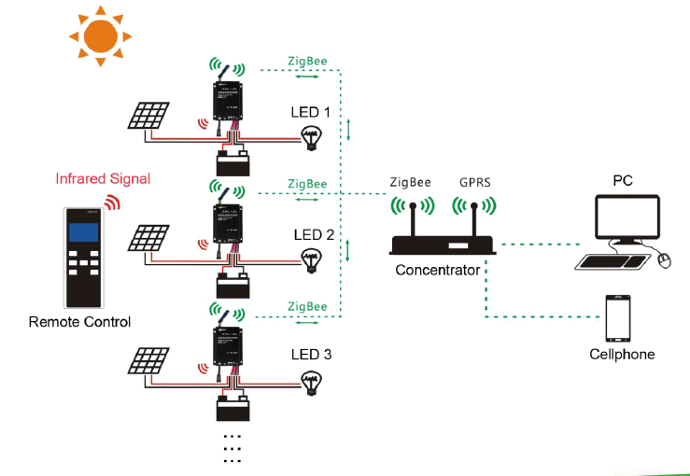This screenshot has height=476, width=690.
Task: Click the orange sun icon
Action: pyautogui.click(x=100, y=35)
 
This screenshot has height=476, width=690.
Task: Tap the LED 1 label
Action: pyautogui.click(x=312, y=113)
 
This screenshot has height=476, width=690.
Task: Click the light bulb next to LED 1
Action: pyautogui.click(x=310, y=140)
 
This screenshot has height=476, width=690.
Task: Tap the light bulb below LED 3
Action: pyautogui.click(x=310, y=381)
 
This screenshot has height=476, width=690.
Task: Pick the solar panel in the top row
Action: pyautogui.click(x=149, y=116)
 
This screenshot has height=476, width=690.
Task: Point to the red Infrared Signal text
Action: pyautogui.click(x=103, y=178)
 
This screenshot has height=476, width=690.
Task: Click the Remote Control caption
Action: pyautogui.click(x=79, y=322)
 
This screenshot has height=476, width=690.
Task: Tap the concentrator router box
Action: pyautogui.click(x=443, y=245)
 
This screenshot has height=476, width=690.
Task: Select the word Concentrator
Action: pyautogui.click(x=438, y=271)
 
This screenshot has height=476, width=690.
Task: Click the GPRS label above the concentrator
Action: pyautogui.click(x=474, y=182)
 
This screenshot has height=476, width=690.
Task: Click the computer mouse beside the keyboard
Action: pyautogui.click(x=664, y=261)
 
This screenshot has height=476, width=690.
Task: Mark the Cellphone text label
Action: pyautogui.click(x=622, y=355)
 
